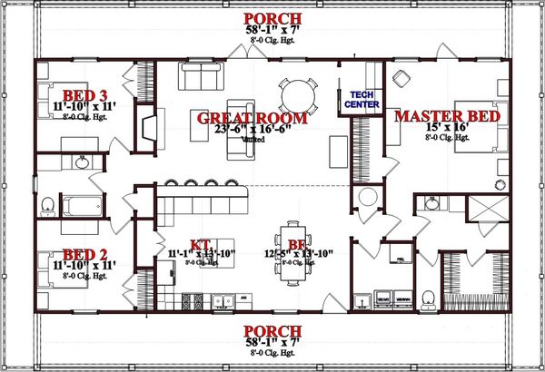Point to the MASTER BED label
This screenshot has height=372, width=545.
[x=445, y=116]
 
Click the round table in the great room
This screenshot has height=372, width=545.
[x=295, y=93]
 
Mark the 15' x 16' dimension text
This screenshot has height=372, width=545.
[x=445, y=129]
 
